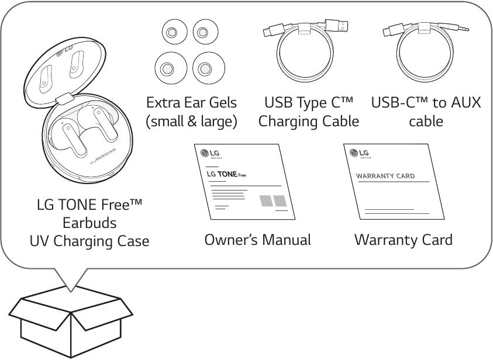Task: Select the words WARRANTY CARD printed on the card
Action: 385,176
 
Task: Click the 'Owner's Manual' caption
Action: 257,240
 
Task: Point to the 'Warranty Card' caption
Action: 404,240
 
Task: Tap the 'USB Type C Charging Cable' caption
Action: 309,112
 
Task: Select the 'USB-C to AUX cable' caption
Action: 426,112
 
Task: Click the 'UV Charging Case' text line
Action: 89,241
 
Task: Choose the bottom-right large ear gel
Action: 204,69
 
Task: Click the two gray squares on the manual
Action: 274,201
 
